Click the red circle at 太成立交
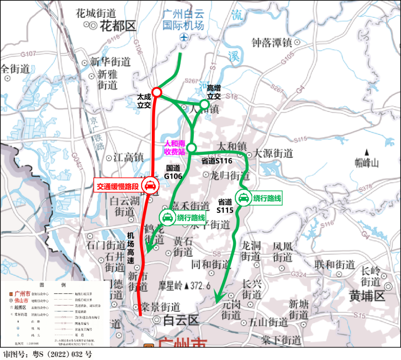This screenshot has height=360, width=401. (x=156, y=92)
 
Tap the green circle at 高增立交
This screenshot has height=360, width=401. (x=204, y=104)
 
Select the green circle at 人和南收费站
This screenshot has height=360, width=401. (x=191, y=147)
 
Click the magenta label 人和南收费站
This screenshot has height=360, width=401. (x=174, y=148)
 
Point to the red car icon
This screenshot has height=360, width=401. (x=150, y=186)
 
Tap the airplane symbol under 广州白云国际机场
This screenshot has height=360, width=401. (x=184, y=37)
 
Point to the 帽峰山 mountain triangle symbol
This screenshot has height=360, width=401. (x=366, y=152)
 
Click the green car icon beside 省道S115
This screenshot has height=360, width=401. (x=243, y=198)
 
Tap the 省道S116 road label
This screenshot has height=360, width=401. (x=217, y=161)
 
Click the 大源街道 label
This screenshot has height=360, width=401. (x=273, y=153)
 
